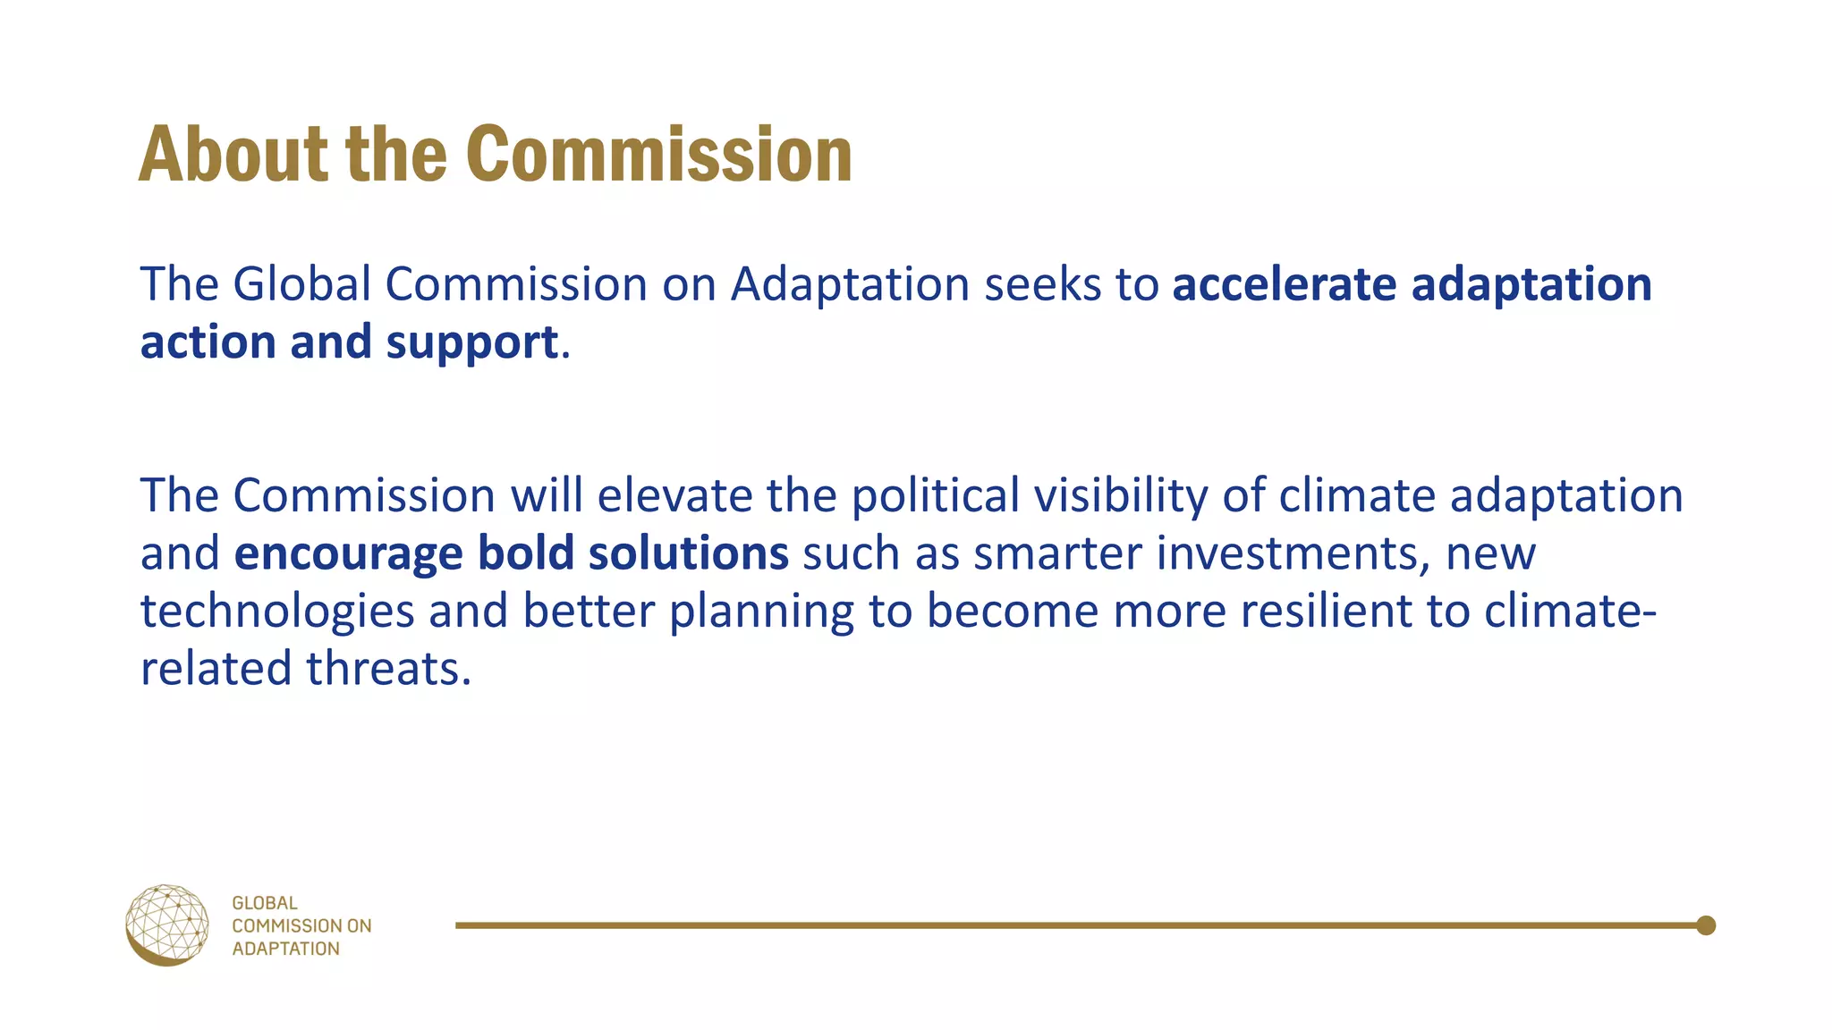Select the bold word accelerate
(1284, 284)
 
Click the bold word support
(471, 342)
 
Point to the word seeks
(1042, 284)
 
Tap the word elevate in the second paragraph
(674, 495)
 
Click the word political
(934, 495)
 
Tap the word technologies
(277, 612)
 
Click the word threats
(388, 669)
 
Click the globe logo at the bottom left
(167, 925)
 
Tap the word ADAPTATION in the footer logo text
(285, 949)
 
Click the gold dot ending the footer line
(1705, 925)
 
